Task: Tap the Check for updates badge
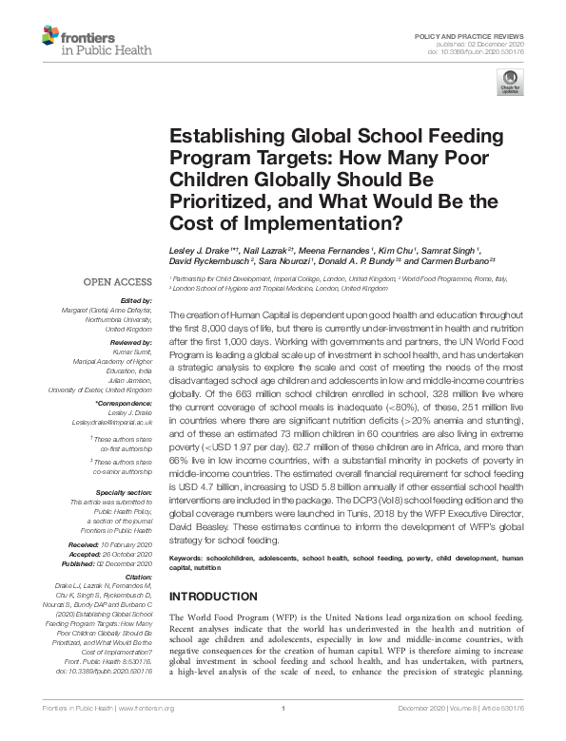pyautogui.click(x=511, y=85)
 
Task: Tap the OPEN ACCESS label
pyautogui.click(x=117, y=282)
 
